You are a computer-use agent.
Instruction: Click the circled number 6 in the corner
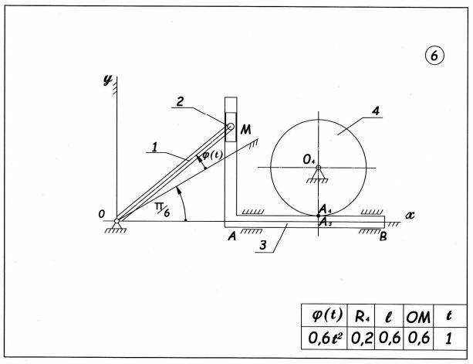click(x=434, y=56)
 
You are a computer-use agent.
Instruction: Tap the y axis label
click(x=107, y=80)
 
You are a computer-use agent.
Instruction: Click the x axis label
click(x=410, y=215)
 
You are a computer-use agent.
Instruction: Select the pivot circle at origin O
click(x=117, y=221)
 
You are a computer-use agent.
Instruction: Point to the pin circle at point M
click(x=231, y=126)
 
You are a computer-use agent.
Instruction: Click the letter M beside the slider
click(x=246, y=130)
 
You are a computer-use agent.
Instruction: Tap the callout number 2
click(x=180, y=101)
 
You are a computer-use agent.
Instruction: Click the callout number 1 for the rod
click(x=154, y=148)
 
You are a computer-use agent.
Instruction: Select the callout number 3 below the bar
click(x=263, y=245)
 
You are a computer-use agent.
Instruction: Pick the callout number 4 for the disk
click(x=376, y=111)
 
